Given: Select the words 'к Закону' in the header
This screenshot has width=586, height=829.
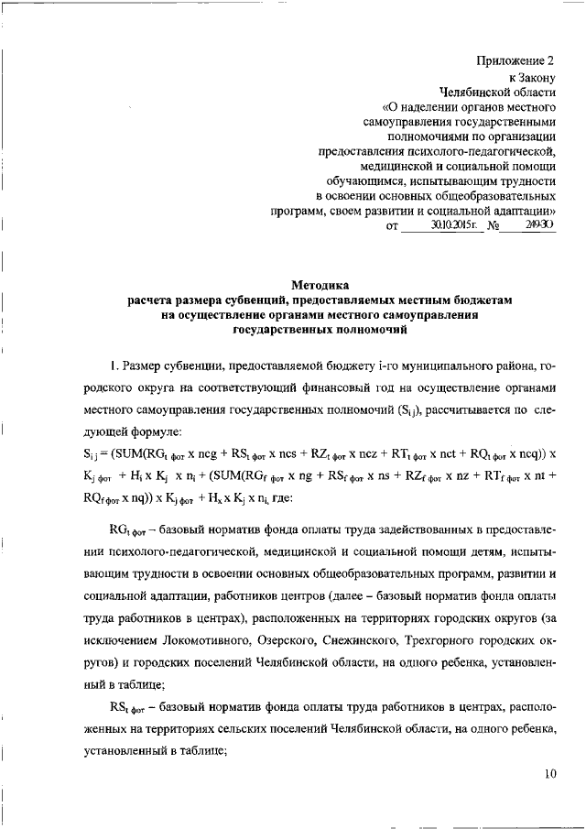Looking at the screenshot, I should pos(533,78).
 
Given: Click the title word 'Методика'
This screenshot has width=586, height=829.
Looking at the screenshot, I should pos(320,285).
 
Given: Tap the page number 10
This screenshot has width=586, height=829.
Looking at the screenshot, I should pos(549,773).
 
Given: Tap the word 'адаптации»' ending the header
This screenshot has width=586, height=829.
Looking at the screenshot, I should pos(520,211).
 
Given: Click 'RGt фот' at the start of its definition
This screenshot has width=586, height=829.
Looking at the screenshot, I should pos(129,531).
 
